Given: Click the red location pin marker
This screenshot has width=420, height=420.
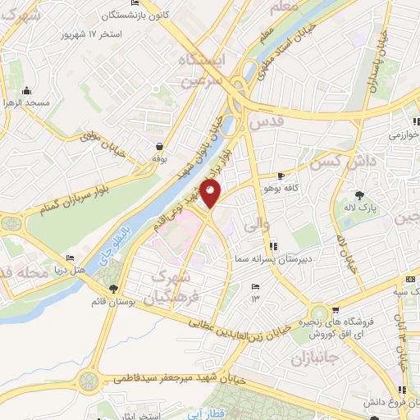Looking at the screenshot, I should (x=212, y=195).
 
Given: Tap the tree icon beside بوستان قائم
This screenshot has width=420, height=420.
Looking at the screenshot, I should (x=113, y=289).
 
